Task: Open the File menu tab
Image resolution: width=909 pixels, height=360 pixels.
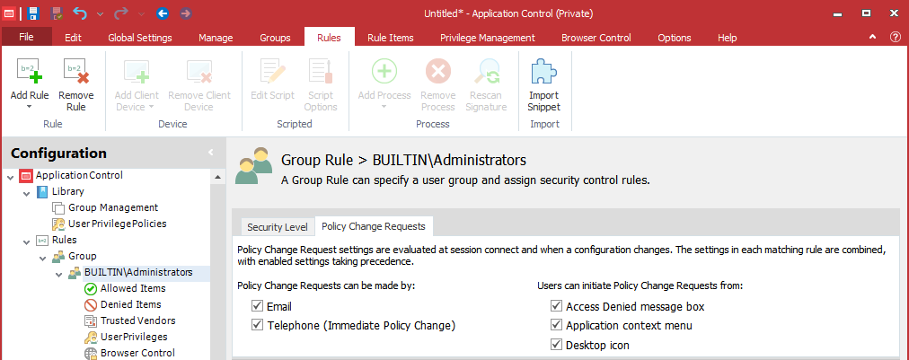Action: [x=27, y=37]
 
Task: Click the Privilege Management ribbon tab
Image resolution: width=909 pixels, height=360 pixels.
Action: [x=487, y=38]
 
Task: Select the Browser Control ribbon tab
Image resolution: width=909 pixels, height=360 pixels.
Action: [x=596, y=38]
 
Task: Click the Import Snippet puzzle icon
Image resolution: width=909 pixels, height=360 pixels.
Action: [x=543, y=73]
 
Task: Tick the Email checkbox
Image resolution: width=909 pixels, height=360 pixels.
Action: [x=258, y=306]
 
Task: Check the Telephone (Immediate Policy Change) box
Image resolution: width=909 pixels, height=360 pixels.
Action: [x=258, y=325]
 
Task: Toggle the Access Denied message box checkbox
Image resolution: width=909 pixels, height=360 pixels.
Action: [x=557, y=306]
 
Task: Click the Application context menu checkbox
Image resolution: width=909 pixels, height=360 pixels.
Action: [x=557, y=325]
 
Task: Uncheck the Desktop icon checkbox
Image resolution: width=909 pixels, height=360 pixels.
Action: [x=557, y=345]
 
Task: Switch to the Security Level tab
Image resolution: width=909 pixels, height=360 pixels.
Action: [x=278, y=226]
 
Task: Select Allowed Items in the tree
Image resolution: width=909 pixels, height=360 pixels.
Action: [x=133, y=288]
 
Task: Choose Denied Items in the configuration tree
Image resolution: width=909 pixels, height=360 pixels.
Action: [x=131, y=304]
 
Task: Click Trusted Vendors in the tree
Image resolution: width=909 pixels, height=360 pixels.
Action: [x=138, y=320]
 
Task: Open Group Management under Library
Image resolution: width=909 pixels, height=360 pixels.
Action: [x=113, y=207]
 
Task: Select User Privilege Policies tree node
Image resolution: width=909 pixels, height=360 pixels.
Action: [x=117, y=224]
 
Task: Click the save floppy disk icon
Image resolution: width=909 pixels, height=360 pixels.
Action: [x=33, y=13]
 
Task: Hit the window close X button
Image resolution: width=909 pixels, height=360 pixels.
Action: [x=894, y=13]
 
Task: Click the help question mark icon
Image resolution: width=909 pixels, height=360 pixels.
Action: [x=896, y=37]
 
